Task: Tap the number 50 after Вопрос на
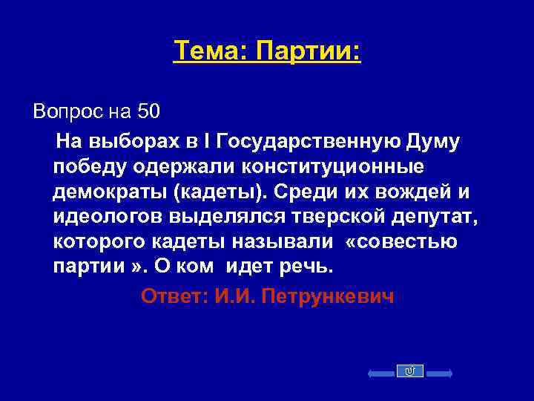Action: pyautogui.click(x=148, y=113)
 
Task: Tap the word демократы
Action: pyautogui.click(x=111, y=191)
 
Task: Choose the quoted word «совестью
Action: pyautogui.click(x=404, y=241)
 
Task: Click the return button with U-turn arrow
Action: pyautogui.click(x=410, y=371)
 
